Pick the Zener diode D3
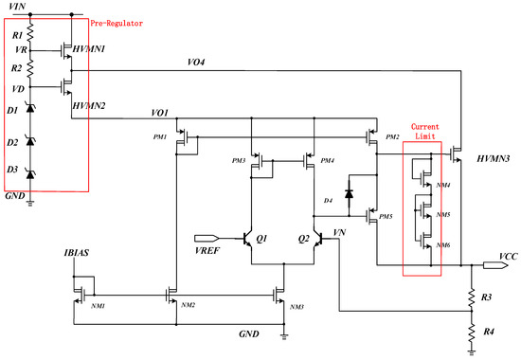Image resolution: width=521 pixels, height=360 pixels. coord(30,173)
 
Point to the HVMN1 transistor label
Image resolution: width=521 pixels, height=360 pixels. coord(89,46)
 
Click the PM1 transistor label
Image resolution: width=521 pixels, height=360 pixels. coord(158,137)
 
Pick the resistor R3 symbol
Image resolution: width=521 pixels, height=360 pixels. coord(472,296)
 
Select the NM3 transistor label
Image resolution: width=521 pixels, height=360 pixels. coord(296,308)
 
